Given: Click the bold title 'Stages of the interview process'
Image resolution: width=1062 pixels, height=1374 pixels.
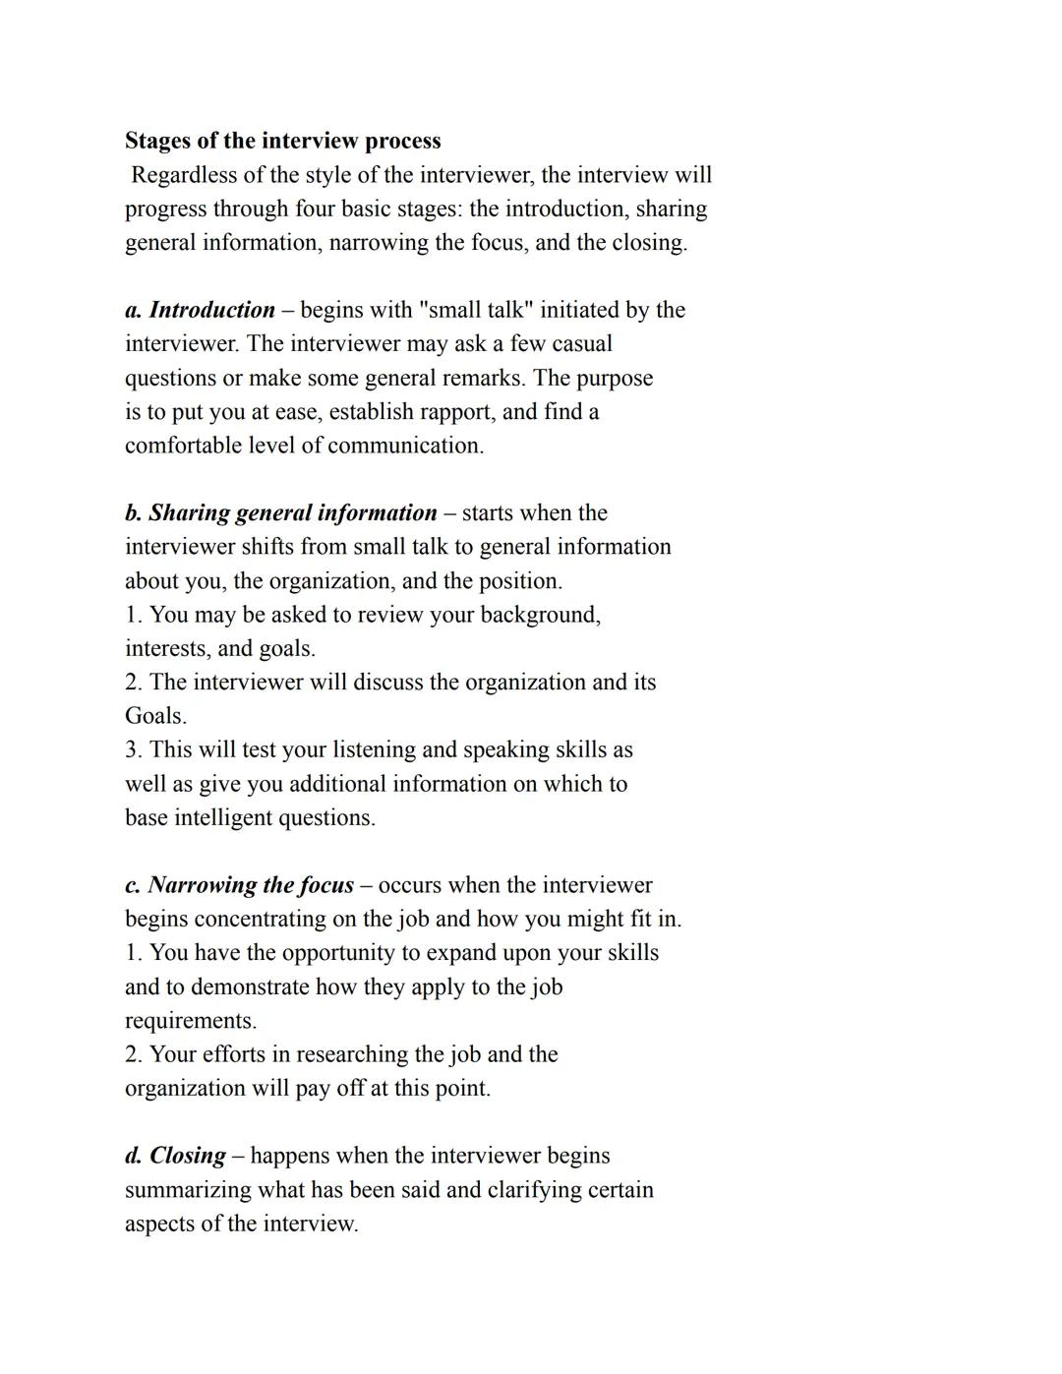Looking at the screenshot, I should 282,141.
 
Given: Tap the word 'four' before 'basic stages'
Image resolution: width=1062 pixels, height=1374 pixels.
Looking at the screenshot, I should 315,209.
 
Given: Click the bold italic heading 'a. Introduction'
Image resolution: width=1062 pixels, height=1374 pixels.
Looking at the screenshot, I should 200,310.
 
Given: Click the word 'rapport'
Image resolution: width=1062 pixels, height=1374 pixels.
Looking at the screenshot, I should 456,411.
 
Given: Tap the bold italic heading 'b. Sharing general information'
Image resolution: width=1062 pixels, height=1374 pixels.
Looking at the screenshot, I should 280,512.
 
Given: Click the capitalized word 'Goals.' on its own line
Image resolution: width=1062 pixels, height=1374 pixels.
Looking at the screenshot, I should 155,716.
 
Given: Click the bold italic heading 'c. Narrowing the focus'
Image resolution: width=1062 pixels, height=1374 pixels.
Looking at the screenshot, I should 239,885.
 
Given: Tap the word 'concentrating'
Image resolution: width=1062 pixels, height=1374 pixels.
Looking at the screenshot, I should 261,919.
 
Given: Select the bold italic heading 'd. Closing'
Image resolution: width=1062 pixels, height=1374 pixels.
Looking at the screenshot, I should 175,1156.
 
